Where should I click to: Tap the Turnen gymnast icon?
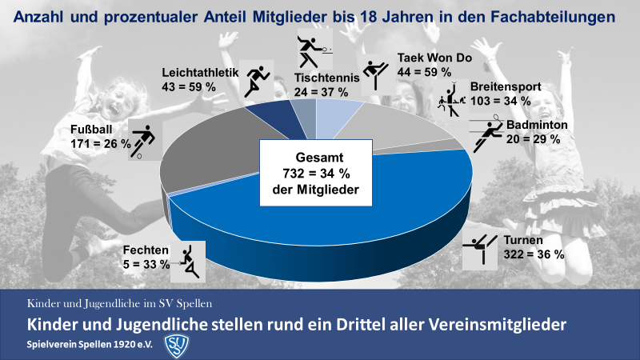click(x=482, y=250)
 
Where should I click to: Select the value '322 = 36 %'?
click(x=535, y=254)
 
